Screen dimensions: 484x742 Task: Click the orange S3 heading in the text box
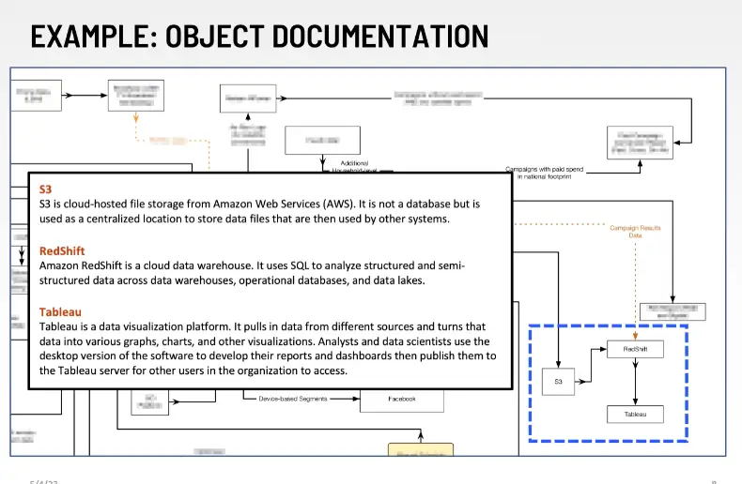45,189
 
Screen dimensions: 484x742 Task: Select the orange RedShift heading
62,251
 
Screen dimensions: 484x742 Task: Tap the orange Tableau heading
60,311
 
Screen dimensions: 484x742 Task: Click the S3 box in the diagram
558,382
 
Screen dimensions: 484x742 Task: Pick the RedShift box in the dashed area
636,350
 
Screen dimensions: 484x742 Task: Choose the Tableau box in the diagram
636,414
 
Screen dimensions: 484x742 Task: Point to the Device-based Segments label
293,399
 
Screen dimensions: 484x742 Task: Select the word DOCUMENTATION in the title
379,37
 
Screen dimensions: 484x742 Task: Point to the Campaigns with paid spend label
544,172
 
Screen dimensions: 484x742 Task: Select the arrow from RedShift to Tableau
636,383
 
